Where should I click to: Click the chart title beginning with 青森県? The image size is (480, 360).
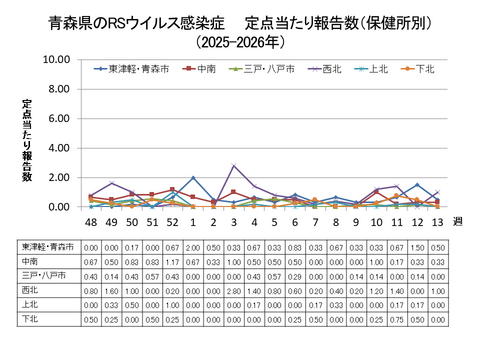[x=240, y=21]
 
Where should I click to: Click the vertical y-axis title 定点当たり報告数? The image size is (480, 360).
[x=27, y=140]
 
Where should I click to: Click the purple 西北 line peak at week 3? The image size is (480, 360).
[x=234, y=166]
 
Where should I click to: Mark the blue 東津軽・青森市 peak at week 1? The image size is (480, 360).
[x=193, y=178]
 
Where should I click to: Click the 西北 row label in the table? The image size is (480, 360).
[x=28, y=289]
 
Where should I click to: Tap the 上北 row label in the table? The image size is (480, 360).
[x=28, y=303]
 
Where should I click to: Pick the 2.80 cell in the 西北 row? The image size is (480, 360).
[x=234, y=289]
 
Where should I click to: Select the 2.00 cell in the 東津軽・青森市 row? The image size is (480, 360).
[x=193, y=247]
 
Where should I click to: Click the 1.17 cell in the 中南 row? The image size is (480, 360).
[x=172, y=261]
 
